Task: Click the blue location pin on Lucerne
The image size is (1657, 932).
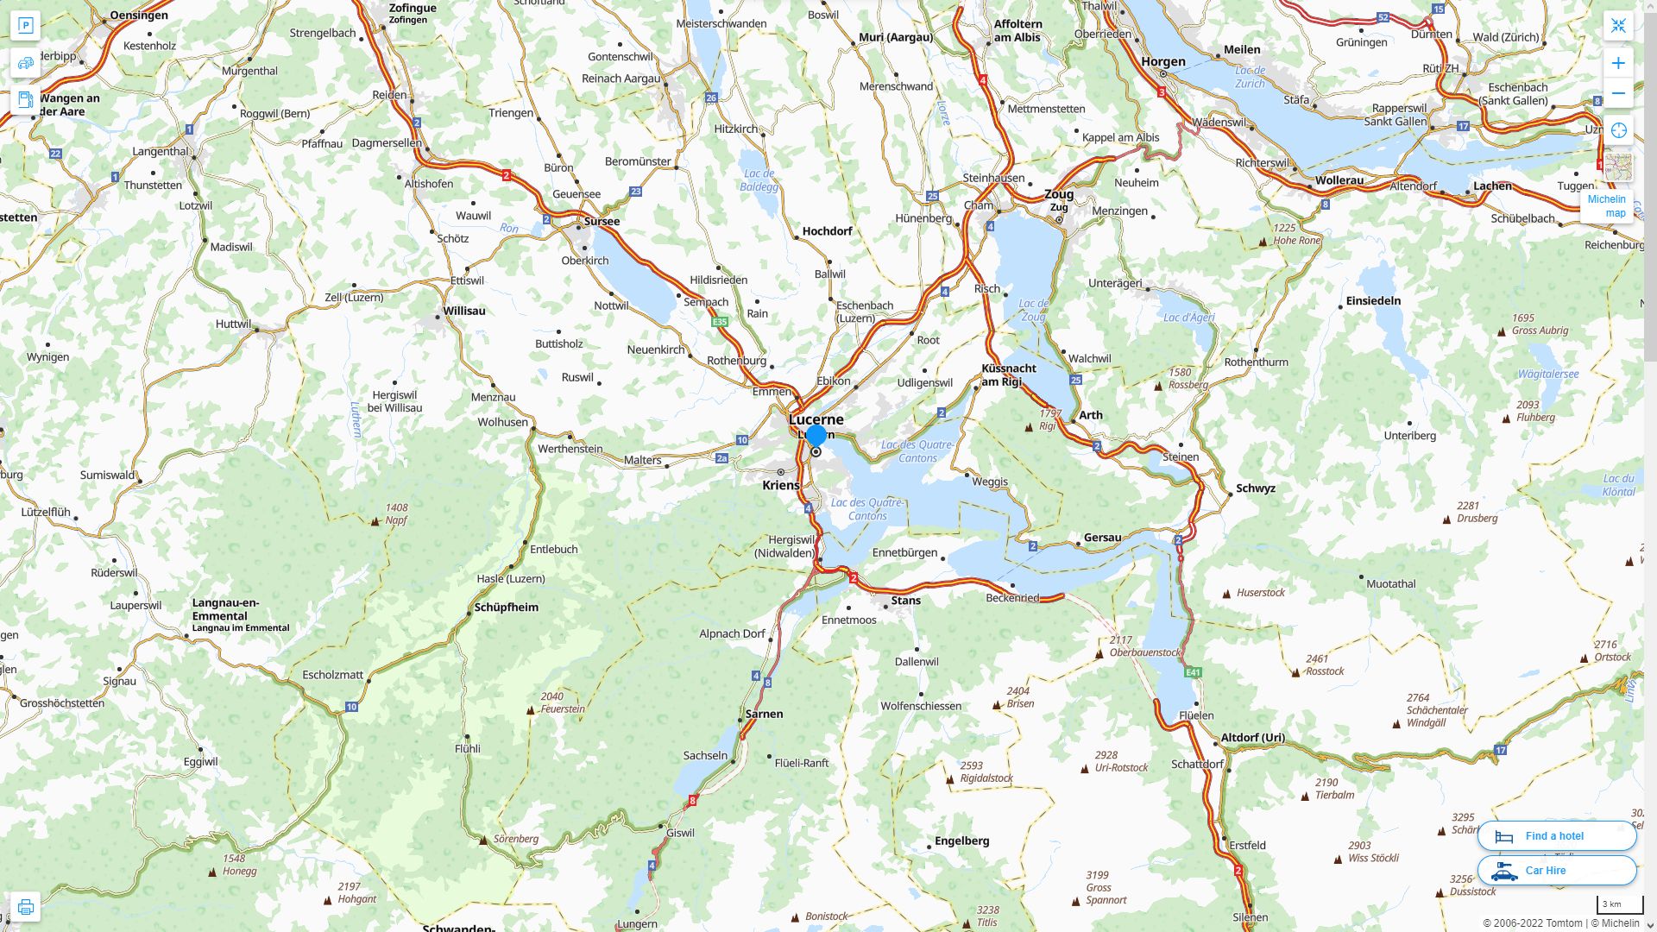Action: [816, 436]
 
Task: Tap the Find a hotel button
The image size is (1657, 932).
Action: [1556, 835]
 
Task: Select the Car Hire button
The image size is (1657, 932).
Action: [1556, 870]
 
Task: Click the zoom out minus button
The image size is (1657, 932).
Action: [1618, 93]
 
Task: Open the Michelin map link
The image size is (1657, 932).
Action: [1606, 206]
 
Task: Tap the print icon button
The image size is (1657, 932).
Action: [25, 907]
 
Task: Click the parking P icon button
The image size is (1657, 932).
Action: [25, 26]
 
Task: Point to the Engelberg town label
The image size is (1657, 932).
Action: [961, 841]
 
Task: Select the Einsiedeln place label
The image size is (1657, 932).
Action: [1373, 300]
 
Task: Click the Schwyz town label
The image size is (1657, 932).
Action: [1255, 488]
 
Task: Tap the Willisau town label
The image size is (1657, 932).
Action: [464, 311]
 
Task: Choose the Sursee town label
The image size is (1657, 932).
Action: [602, 221]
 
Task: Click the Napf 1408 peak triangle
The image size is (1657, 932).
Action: [375, 521]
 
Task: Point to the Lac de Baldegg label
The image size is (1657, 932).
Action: [759, 179]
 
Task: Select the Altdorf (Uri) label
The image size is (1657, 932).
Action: [1252, 737]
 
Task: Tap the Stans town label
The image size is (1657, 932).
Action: [905, 600]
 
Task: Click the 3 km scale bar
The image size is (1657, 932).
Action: [1619, 905]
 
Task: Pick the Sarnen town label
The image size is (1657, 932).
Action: [764, 714]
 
